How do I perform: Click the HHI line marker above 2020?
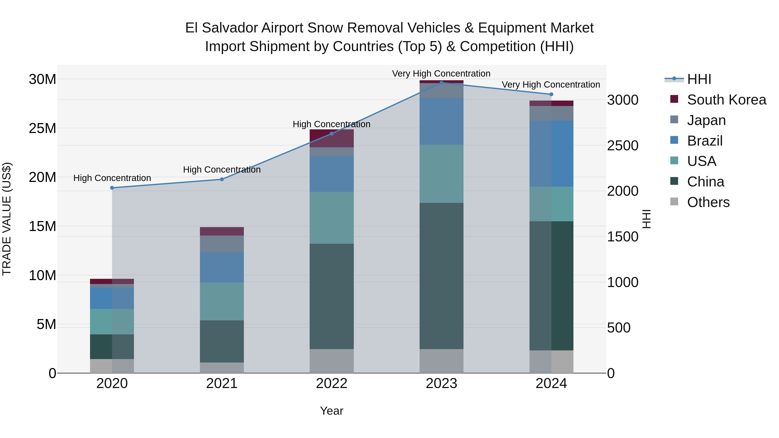(112, 188)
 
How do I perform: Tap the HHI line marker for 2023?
(441, 83)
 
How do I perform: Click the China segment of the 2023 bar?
(441, 276)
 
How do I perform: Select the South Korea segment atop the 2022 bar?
(332, 138)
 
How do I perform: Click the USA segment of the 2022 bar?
(332, 218)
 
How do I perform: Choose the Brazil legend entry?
(704, 141)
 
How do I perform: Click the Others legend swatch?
(674, 202)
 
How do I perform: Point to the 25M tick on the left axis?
(42, 128)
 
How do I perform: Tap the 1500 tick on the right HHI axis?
(623, 237)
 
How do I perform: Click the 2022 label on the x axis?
(332, 383)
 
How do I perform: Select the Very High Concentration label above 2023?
(441, 74)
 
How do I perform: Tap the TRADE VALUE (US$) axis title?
(7, 219)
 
